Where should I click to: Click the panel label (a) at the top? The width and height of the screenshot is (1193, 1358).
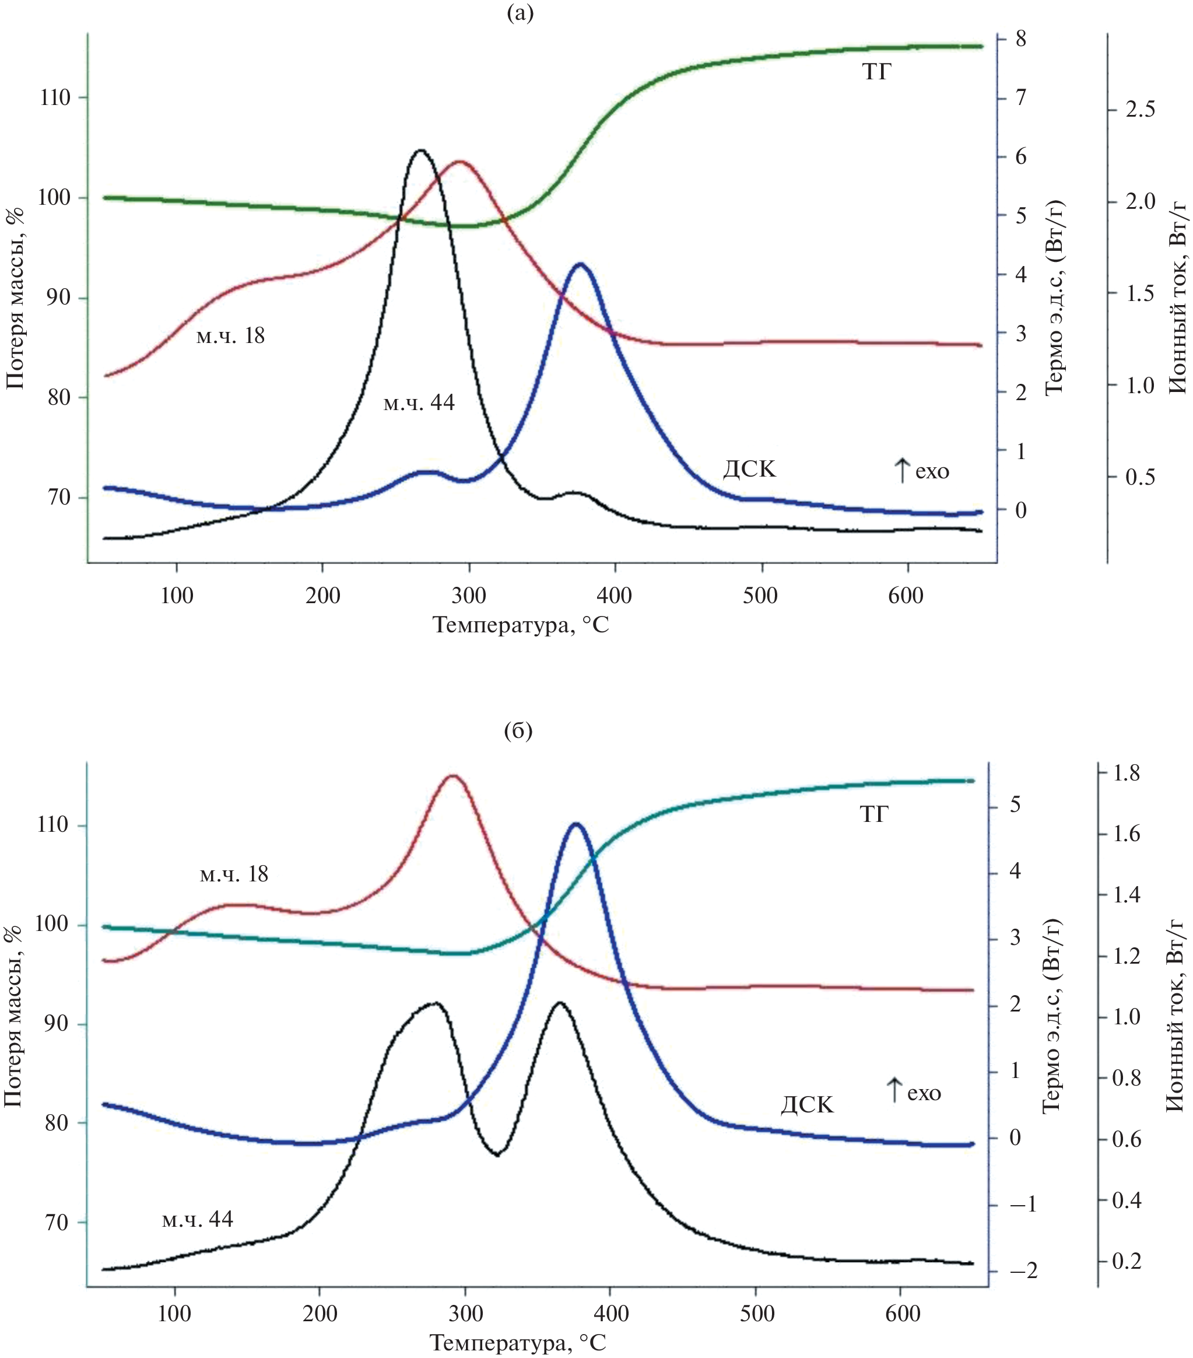[x=520, y=13]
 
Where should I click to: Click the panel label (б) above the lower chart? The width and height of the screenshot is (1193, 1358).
[x=518, y=731]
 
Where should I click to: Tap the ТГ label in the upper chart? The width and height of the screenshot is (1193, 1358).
[x=876, y=72]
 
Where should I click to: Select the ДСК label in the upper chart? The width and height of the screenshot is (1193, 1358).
[x=749, y=470]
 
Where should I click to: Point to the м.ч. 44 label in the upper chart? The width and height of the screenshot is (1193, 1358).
[x=419, y=402]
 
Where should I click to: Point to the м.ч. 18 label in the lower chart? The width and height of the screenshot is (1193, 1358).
[x=234, y=874]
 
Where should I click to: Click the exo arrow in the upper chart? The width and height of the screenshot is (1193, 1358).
[x=901, y=470]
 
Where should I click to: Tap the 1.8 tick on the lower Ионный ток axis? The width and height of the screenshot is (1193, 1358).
[x=1126, y=773]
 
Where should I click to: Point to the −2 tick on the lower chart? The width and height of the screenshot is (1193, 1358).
[x=1022, y=1272]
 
